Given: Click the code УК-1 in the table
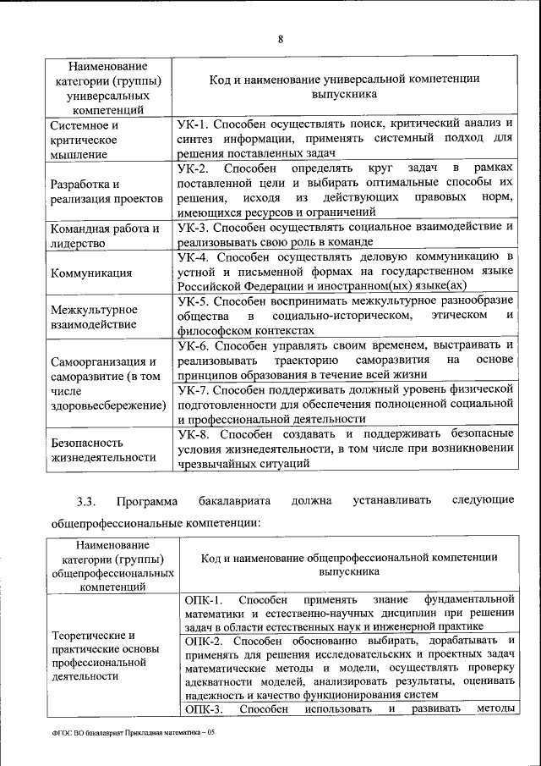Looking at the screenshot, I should tap(194, 124).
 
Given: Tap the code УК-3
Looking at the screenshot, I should tap(194, 228).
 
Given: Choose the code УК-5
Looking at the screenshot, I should tap(194, 301).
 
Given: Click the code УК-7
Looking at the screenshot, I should tap(194, 389).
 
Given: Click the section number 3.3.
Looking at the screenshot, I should tap(88, 503).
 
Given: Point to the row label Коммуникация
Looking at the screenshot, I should tap(90, 273).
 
